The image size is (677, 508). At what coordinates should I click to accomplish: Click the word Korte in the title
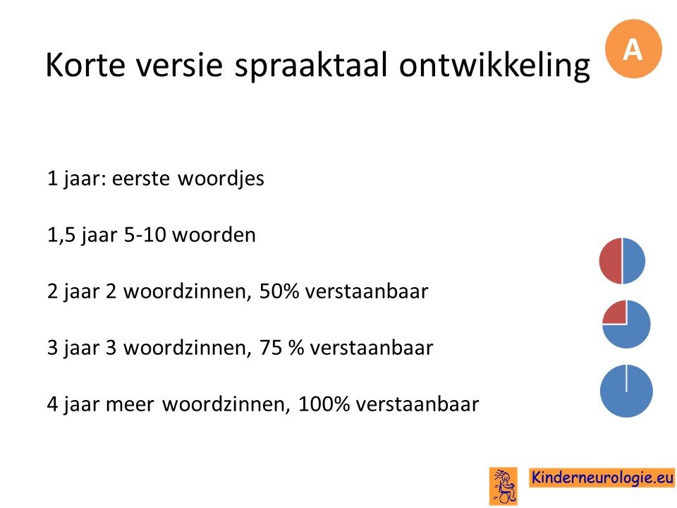click(x=85, y=65)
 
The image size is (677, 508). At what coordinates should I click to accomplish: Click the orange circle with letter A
click(x=633, y=49)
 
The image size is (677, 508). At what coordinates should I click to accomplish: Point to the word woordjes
click(x=221, y=178)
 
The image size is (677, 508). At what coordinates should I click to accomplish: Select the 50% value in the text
click(x=279, y=291)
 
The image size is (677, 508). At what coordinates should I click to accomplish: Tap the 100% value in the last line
click(x=324, y=404)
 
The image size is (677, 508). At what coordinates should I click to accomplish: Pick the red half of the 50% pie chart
click(x=611, y=261)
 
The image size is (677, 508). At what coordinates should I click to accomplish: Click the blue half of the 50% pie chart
click(x=634, y=261)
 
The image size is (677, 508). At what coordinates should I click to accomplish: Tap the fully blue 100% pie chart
click(x=626, y=391)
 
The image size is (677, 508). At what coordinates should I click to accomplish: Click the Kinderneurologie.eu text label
click(x=602, y=478)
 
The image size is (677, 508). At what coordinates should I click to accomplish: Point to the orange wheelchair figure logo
click(x=504, y=486)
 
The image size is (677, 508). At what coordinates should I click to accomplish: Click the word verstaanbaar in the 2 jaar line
click(x=367, y=291)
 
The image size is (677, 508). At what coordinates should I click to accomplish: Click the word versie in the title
click(x=180, y=65)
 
